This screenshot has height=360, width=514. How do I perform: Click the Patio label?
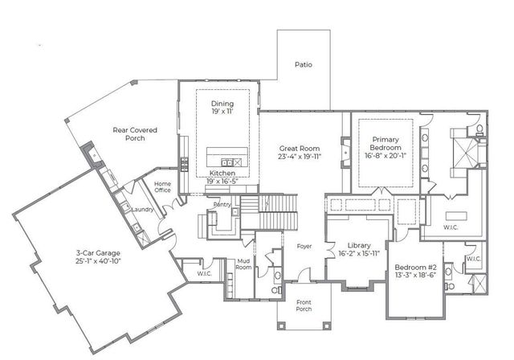point(303,64)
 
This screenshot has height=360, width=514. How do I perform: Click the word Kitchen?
point(222,174)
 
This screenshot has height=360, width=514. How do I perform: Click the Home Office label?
point(163,188)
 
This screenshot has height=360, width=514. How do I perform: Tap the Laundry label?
point(143,211)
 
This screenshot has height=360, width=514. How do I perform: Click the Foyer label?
point(304,246)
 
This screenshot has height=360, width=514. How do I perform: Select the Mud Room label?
point(244,265)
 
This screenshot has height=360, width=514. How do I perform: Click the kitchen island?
point(227,155)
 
